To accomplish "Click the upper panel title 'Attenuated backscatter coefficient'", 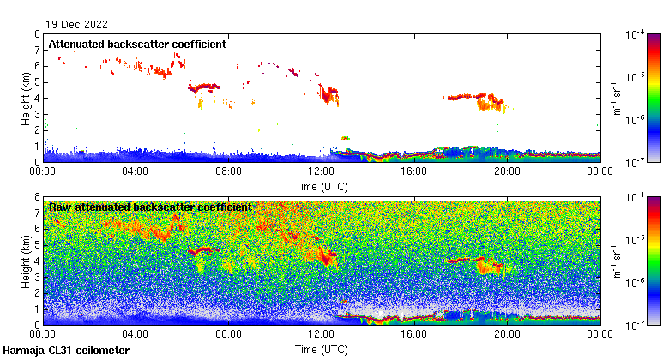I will tap(137, 44).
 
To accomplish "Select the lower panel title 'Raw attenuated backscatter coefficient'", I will tap(150, 207).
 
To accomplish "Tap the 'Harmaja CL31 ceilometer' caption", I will tap(66, 351).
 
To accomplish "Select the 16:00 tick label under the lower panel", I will tap(414, 334).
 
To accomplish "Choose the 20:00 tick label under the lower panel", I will tap(507, 334).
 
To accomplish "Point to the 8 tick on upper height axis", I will tap(37, 34).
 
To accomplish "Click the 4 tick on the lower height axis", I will tap(37, 261).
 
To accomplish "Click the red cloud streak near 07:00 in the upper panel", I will tap(204, 87).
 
